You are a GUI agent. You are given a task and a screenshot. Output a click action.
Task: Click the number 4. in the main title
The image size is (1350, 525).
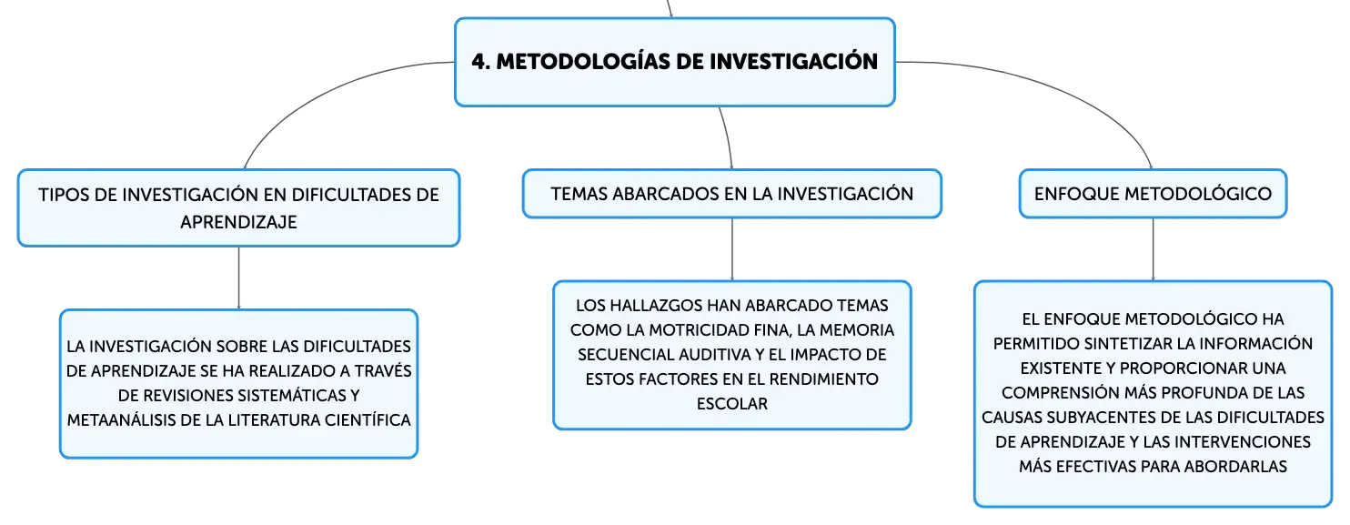pyautogui.click(x=481, y=62)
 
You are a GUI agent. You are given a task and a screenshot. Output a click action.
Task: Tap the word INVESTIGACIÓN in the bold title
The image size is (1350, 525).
pyautogui.click(x=793, y=61)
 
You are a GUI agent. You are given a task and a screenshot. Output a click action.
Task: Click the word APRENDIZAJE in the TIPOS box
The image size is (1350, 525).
pyautogui.click(x=238, y=222)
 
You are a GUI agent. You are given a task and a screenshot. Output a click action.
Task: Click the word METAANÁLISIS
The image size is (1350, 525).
pyautogui.click(x=120, y=420)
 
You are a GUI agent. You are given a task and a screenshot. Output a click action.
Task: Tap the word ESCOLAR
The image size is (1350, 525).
pyautogui.click(x=732, y=404)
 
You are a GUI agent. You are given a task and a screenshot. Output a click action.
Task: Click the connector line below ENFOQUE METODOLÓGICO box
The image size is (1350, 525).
pyautogui.click(x=1153, y=249)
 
